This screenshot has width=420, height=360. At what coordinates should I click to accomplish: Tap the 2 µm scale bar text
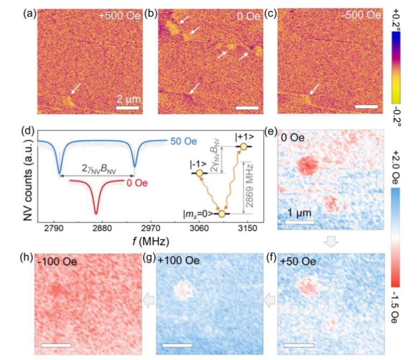(x=129, y=100)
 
